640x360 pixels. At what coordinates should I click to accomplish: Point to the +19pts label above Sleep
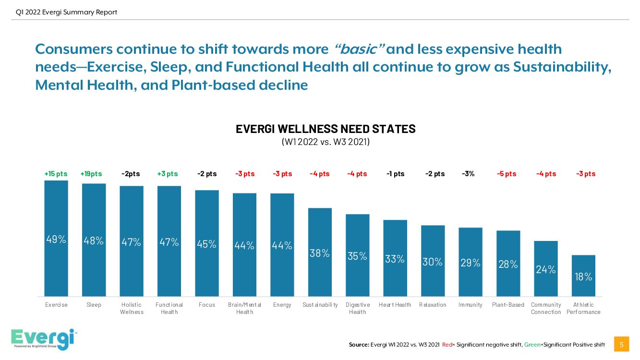[x=91, y=174]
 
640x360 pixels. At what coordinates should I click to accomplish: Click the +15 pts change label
[x=56, y=174]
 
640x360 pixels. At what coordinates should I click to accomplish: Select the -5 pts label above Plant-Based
[x=507, y=174]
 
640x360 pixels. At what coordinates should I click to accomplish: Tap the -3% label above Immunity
[x=468, y=174]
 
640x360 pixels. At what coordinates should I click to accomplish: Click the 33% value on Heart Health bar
[x=395, y=259]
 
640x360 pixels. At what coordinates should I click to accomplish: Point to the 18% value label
[x=583, y=277]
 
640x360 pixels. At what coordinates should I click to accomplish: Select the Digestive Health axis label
[x=358, y=308]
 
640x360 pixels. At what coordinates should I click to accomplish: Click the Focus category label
[x=206, y=305]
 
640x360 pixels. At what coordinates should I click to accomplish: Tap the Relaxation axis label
[x=433, y=305]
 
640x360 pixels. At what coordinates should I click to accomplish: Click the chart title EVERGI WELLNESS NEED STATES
[x=326, y=129]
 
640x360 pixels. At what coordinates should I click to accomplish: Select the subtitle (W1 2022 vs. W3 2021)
[x=325, y=142]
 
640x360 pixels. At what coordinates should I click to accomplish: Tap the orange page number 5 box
[x=621, y=344]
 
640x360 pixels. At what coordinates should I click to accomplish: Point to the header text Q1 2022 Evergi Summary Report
[x=66, y=12]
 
